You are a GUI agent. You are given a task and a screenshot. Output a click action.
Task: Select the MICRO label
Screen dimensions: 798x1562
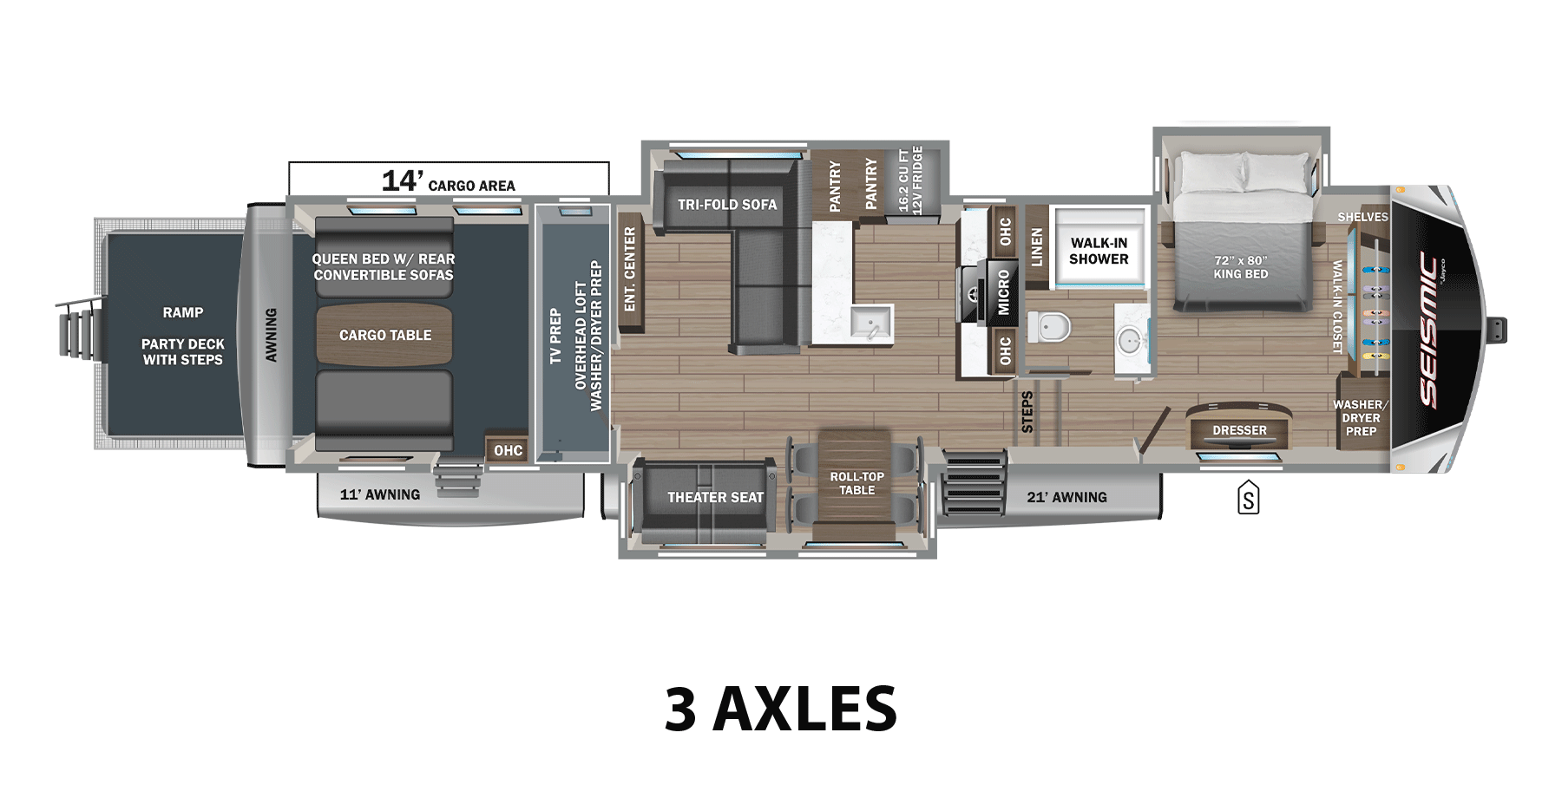[1003, 292]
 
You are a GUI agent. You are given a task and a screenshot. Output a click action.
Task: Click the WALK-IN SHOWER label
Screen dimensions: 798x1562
[1099, 251]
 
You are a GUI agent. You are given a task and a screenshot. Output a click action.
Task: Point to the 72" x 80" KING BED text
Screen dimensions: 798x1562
[1240, 267]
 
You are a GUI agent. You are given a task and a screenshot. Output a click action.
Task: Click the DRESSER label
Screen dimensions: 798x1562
[1239, 430]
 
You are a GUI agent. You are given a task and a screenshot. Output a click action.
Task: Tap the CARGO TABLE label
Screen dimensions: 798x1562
[384, 335]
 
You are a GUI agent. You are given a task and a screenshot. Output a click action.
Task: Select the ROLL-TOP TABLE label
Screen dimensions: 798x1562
[856, 483]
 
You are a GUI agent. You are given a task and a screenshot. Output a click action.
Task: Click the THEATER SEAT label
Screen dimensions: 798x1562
[715, 497]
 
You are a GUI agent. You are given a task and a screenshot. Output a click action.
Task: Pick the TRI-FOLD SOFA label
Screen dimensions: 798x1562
[727, 205]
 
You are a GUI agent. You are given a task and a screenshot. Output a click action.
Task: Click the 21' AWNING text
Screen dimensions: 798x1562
[1066, 497]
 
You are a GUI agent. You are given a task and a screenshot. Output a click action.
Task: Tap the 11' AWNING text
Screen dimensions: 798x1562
[379, 494]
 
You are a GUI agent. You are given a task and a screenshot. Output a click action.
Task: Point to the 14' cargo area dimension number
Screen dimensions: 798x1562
[402, 180]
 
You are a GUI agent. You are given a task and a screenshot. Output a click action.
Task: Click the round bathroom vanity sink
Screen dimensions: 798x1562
[1130, 341]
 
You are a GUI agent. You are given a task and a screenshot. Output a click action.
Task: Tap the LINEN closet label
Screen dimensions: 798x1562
[1036, 247]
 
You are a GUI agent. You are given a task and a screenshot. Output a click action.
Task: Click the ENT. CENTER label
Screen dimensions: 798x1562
[630, 269]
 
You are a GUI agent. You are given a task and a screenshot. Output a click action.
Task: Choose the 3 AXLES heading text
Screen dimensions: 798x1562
[780, 709]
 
